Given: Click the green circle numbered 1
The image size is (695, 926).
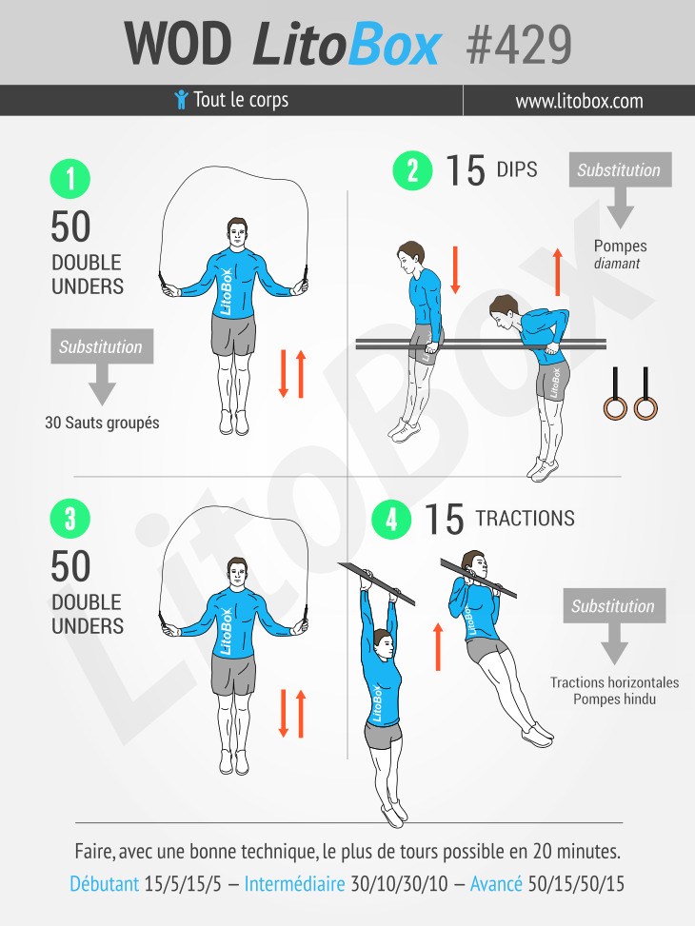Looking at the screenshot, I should click(x=70, y=179).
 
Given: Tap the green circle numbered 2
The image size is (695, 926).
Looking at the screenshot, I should click(x=413, y=171).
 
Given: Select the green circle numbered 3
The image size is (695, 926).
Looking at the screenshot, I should click(x=70, y=519).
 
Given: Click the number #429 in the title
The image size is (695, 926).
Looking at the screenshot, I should click(x=520, y=43).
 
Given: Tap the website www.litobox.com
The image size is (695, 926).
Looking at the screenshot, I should click(x=579, y=101).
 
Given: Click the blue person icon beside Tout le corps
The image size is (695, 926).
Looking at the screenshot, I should click(x=181, y=100).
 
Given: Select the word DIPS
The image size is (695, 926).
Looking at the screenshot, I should click(x=517, y=170).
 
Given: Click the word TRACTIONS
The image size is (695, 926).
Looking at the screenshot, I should click(x=525, y=519).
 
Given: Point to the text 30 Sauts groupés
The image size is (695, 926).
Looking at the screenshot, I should click(x=102, y=423).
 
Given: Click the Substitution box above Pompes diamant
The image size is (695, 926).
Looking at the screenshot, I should click(x=619, y=170).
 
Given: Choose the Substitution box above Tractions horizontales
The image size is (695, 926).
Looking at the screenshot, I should click(x=613, y=606).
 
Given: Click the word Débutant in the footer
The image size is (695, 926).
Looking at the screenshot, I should click(x=104, y=884).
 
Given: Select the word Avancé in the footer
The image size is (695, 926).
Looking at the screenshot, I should click(x=496, y=884).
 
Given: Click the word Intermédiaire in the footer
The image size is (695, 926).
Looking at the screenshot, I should click(x=294, y=884).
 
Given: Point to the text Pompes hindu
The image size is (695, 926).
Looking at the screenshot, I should click(x=614, y=699).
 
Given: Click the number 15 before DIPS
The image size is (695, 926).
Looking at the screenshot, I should click(x=465, y=171).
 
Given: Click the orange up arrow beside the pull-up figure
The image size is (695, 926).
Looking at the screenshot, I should click(x=438, y=646).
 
